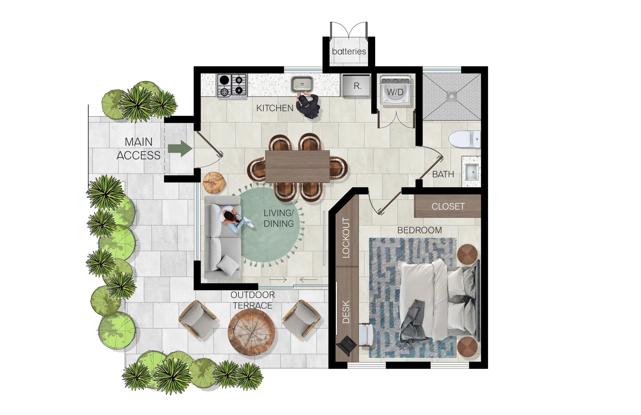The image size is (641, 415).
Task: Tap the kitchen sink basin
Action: pos(302,84)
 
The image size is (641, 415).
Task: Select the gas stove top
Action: pos(232,86)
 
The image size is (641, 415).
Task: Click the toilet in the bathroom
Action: pos(464,139)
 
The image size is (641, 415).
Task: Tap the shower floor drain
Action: pos(452,96)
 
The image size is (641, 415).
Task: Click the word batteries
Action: pos(349,51)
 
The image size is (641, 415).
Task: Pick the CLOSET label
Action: pos(448,206)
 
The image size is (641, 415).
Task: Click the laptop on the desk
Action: pos(347,345)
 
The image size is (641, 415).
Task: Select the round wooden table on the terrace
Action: pos(251,332)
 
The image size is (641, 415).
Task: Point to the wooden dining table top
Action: pos(297,166)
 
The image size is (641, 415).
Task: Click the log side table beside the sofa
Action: pos(214,183)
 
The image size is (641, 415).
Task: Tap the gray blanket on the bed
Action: pos(413,322)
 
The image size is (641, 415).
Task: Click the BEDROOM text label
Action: pos(419,230)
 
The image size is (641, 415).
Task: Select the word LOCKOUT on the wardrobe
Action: pos(346,238)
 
